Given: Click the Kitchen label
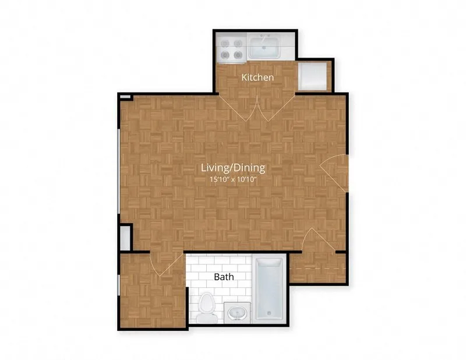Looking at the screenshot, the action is pos(257,77).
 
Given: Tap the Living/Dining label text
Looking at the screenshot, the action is pos(233,168).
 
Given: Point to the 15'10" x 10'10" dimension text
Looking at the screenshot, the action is pos(233,179).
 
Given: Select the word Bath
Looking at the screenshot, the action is pos(224,277).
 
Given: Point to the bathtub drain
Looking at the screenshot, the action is pos(269,313).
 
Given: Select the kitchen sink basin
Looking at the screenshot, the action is pos(264,48).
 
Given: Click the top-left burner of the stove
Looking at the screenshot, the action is pos(224,44).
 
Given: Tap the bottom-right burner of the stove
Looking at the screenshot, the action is pos(238,55).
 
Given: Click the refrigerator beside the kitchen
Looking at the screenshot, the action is pos(313,76).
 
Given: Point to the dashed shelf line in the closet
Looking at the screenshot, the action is pos(317,268).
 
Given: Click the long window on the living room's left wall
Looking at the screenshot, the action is pos(119,171).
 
